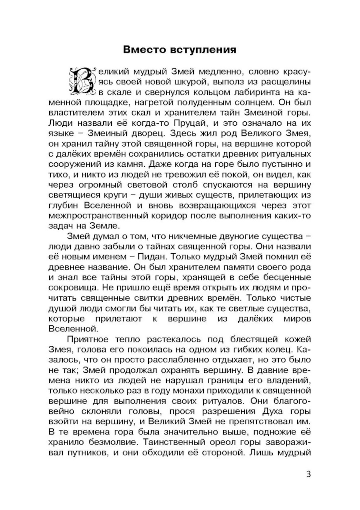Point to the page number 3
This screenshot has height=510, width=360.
pyautogui.click(x=308, y=474)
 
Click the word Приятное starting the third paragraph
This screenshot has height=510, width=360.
pyautogui.click(x=87, y=339)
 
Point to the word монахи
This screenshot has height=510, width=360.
pyautogui.click(x=198, y=390)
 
